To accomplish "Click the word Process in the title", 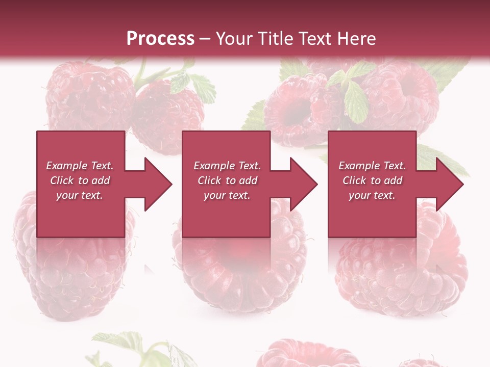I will click(x=160, y=39).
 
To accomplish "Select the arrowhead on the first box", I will click(x=153, y=184).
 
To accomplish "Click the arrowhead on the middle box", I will click(x=299, y=184).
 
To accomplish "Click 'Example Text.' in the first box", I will click(x=80, y=166).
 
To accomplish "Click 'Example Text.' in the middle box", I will click(x=227, y=166).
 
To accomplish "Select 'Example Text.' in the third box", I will click(x=372, y=166).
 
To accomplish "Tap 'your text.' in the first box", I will click(x=80, y=195).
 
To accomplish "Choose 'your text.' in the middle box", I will click(x=227, y=195).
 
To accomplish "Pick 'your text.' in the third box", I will click(x=372, y=195).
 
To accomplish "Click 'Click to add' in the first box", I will click(x=80, y=180).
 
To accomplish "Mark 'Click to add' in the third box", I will click(x=372, y=180).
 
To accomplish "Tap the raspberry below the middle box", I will click(x=240, y=270).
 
